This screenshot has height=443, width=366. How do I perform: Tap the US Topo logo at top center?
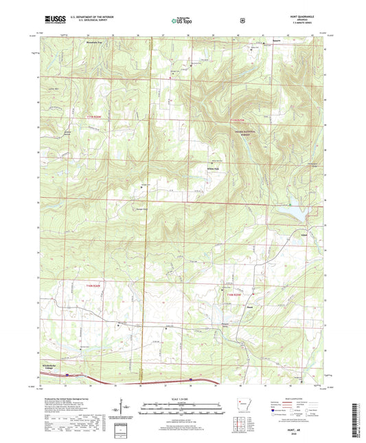coord(182,21)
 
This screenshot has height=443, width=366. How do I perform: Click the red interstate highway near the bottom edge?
coord(172,380)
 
